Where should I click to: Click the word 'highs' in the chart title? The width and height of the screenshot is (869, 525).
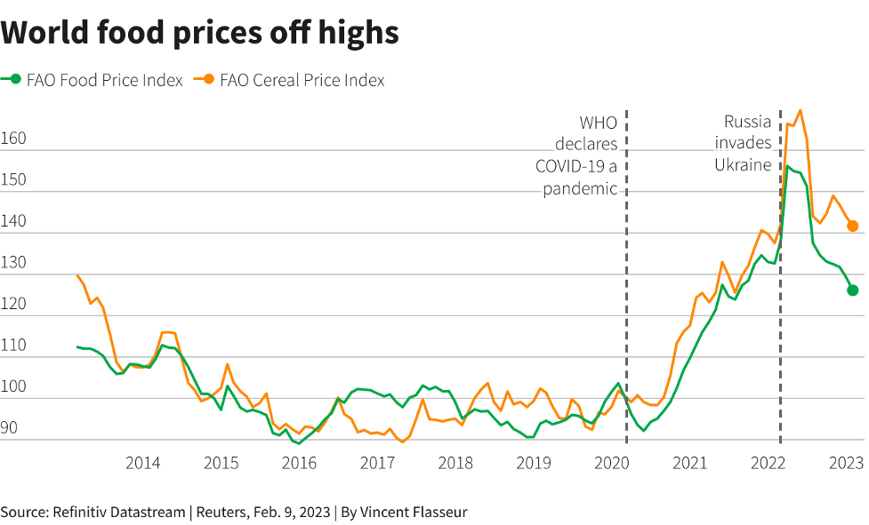(x=353, y=34)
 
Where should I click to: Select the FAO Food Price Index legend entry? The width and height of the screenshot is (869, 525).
(x=93, y=80)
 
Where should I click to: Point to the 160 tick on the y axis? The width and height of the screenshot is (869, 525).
(x=13, y=139)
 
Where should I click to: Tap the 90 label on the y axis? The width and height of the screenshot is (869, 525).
(x=10, y=428)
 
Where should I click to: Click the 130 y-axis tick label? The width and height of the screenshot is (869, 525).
(x=13, y=263)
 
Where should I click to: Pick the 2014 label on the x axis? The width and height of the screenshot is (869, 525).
(x=142, y=463)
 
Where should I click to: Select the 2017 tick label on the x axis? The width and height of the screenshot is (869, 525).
(x=377, y=463)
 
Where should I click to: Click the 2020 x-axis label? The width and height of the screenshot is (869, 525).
(x=612, y=463)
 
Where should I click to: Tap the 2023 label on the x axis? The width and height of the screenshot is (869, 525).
(x=846, y=463)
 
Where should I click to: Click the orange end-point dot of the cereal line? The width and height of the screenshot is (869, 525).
(x=852, y=226)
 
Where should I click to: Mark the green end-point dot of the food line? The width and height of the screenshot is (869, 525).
(x=852, y=290)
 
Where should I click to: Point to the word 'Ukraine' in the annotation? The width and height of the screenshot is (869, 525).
(x=743, y=164)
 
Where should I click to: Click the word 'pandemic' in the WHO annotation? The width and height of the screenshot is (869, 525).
(x=580, y=188)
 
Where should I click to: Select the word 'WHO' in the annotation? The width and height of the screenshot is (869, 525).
(x=599, y=123)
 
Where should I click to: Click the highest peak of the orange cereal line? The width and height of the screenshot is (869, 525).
(x=801, y=111)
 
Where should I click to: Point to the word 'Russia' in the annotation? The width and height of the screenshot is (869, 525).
(x=747, y=122)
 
